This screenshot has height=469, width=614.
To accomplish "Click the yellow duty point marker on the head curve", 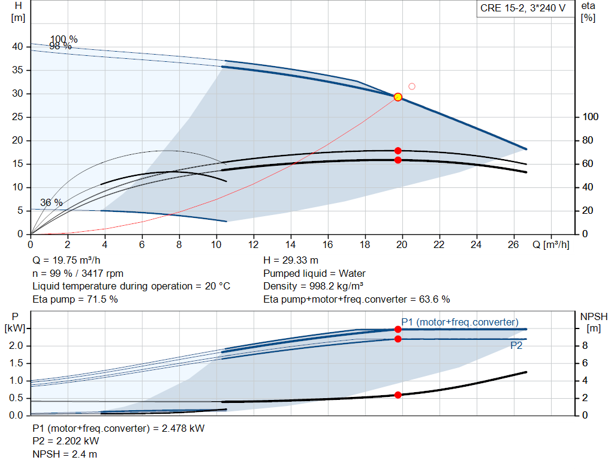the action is click(398, 97).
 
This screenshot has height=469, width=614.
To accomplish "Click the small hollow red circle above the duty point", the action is click(411, 86).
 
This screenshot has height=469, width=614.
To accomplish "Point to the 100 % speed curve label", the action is click(64, 39).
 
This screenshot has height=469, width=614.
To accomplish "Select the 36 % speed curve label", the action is click(52, 202).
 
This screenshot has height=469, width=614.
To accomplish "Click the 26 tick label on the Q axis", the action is click(513, 244).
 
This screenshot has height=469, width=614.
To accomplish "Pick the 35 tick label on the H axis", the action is click(17, 70).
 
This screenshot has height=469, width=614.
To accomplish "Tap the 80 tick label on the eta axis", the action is click(588, 140).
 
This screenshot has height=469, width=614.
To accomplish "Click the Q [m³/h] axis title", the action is click(550, 244).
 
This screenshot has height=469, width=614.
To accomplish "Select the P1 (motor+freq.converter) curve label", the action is click(460, 322).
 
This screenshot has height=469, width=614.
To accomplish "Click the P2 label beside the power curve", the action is click(516, 345).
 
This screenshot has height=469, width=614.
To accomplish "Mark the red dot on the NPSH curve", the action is click(398, 395).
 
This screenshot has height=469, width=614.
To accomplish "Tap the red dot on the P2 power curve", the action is click(398, 339).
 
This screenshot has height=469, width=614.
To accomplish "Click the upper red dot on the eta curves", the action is click(398, 151).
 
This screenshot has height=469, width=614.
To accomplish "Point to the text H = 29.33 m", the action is click(291, 261).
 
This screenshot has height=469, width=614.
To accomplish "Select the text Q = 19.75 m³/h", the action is click(66, 261).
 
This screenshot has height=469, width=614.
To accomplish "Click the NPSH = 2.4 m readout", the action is click(65, 454).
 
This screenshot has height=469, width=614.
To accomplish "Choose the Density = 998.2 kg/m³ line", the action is click(313, 286).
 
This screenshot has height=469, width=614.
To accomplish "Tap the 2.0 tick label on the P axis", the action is click(16, 345).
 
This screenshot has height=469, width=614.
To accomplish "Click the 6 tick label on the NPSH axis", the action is click(585, 363).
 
